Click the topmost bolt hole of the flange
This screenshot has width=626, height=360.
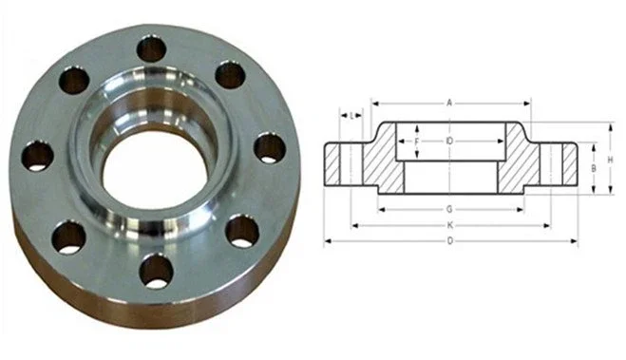click(x=152, y=48)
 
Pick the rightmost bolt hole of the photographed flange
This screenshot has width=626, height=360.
click(x=270, y=147)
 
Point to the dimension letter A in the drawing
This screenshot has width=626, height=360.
click(x=448, y=102)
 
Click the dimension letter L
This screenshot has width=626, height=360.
click(x=352, y=116)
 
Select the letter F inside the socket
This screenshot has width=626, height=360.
click(x=416, y=142)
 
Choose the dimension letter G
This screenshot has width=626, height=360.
click(x=448, y=208)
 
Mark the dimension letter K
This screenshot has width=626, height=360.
click(x=448, y=225)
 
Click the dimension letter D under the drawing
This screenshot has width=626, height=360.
click(x=448, y=241)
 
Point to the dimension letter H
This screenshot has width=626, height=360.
click(x=609, y=159)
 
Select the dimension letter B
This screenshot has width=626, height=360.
click(x=593, y=167)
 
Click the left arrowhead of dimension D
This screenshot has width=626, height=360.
click(x=328, y=241)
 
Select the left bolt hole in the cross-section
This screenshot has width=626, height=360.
click(x=349, y=163)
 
